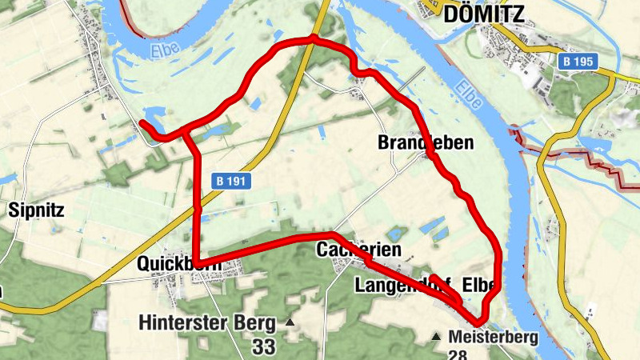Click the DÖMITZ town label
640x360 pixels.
pos(484,14)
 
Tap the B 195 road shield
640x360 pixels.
pos(578,62)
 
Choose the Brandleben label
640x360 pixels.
pos(425,143)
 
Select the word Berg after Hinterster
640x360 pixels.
pos(258,323)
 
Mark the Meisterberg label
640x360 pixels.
pos(494,337)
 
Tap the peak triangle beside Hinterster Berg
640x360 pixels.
pos(290,323)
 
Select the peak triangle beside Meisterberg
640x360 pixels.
pos(437,337)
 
